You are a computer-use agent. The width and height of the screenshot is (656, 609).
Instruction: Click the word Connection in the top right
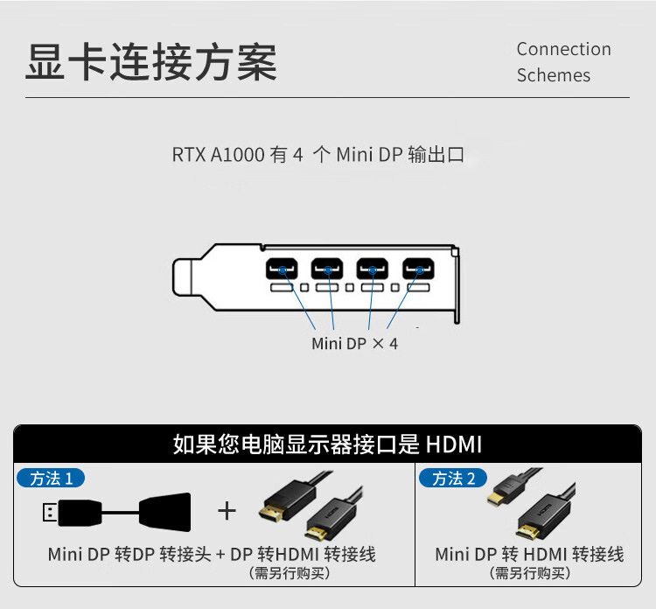[x=563, y=49]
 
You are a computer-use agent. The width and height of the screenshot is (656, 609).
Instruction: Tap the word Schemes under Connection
[x=553, y=75]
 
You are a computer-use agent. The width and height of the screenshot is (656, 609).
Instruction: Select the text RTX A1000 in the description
[x=217, y=156]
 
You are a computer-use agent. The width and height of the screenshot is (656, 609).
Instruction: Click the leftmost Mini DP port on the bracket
[x=282, y=267]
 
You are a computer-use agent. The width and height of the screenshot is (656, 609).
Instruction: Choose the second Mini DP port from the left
[x=327, y=267]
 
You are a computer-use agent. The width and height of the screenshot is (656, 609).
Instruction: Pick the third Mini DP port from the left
[x=373, y=267]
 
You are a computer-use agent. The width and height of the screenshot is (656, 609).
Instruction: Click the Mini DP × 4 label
[x=354, y=344]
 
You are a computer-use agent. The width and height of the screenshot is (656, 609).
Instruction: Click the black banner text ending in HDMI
[x=327, y=444]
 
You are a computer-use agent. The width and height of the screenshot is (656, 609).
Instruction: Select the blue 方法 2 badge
[x=452, y=479]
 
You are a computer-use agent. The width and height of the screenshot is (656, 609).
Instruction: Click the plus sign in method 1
[x=227, y=510]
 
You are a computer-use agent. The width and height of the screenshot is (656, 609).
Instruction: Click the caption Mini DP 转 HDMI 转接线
[x=529, y=554]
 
